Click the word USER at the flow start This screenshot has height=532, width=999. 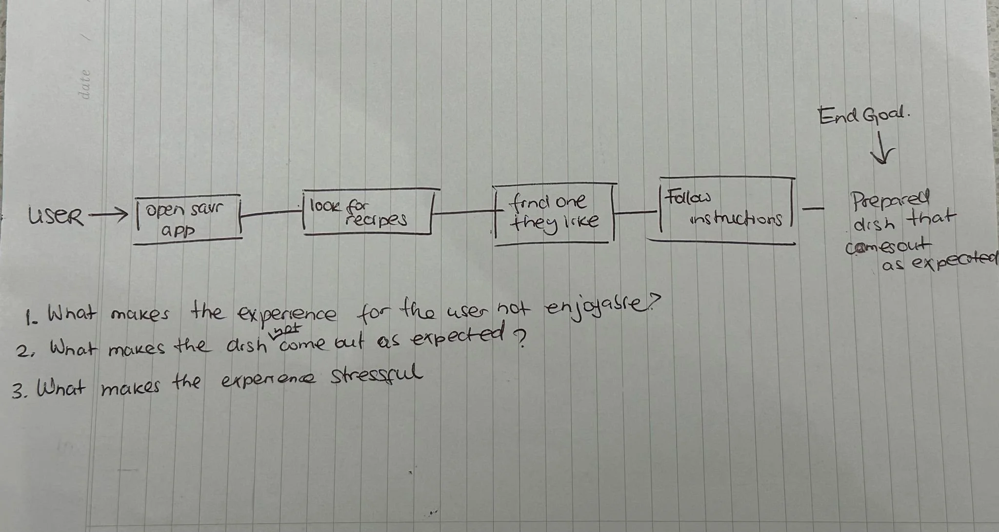coord(56,216)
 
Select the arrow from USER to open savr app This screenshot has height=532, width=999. coord(106,214)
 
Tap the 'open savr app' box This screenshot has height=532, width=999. coord(187,218)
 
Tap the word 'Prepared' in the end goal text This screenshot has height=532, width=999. coord(891,200)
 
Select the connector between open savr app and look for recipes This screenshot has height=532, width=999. coord(272,212)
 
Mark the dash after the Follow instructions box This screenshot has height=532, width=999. coord(813,209)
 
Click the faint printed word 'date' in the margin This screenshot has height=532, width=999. coord(85,83)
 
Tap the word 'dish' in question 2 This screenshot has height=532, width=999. coord(247,347)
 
